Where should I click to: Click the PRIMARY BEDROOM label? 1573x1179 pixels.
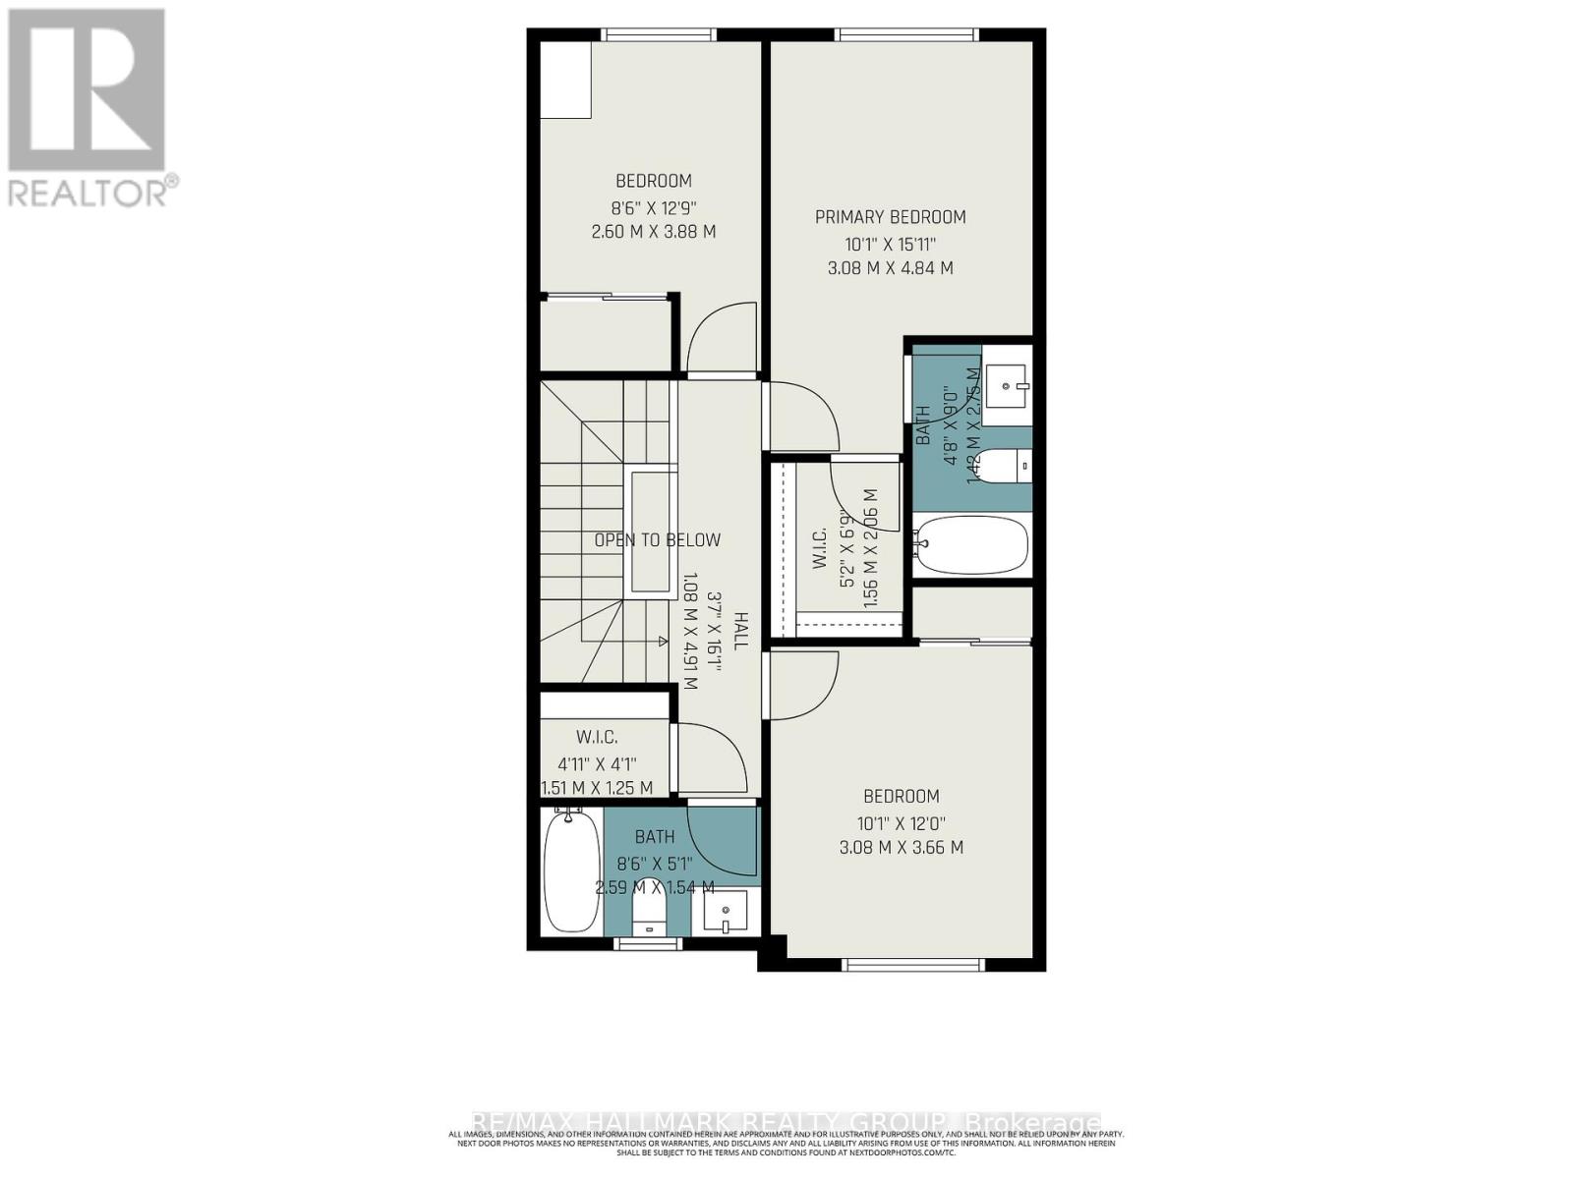[890, 217]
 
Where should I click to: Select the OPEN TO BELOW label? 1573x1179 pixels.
[657, 539]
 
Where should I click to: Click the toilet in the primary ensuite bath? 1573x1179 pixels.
[1009, 466]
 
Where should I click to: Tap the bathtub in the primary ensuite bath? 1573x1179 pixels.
[971, 544]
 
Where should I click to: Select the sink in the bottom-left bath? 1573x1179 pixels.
[726, 914]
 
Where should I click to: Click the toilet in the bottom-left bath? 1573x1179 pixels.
[649, 918]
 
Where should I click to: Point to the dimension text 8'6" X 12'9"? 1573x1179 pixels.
[654, 207]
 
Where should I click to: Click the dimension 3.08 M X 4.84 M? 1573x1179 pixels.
[890, 267]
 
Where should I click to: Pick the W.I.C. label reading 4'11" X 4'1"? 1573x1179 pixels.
[598, 762]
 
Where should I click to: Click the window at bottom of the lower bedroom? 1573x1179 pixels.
[914, 965]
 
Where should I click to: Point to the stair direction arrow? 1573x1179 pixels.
[661, 642]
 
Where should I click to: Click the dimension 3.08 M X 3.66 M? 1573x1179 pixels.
[901, 847]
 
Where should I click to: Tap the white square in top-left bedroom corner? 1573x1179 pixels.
[565, 80]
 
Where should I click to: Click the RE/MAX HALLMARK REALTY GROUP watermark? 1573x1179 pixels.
[786, 1122]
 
